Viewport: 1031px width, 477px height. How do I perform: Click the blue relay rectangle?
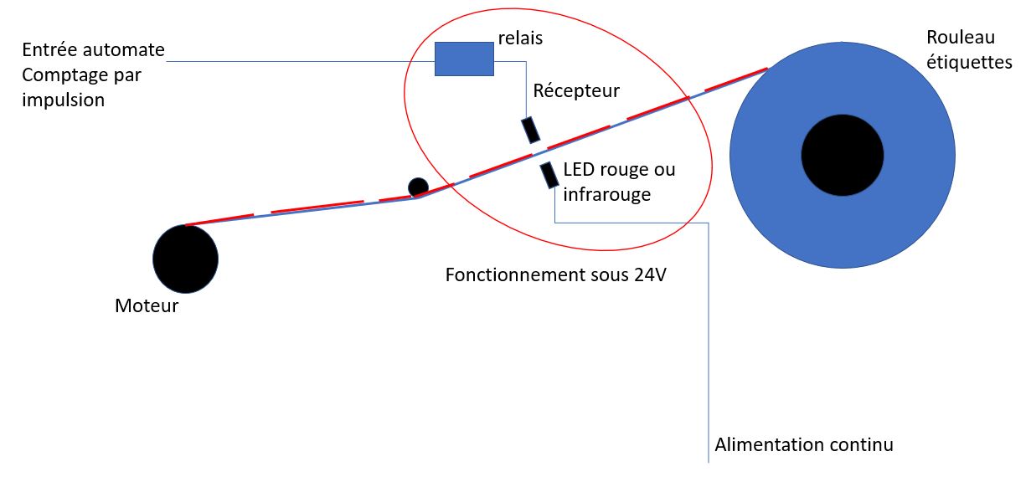point(463,59)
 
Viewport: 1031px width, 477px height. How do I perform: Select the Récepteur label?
point(576,90)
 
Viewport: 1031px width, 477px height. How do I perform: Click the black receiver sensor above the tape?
point(530,130)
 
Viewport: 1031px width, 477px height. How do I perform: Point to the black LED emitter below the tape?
point(549,175)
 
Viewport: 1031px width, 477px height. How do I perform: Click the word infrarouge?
point(606,194)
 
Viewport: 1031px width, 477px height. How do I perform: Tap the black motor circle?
point(185,259)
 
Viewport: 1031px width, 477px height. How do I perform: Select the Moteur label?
point(147,306)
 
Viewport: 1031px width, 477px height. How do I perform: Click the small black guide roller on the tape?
point(418,187)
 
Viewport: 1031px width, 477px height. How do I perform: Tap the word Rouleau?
point(960,38)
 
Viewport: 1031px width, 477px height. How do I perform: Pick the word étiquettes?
point(969,63)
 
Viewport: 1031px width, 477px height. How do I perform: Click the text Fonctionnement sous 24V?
point(555,275)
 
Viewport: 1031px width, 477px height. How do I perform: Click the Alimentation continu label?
point(803,444)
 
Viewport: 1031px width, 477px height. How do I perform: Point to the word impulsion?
point(64,100)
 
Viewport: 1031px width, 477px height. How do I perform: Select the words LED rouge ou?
point(619,170)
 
